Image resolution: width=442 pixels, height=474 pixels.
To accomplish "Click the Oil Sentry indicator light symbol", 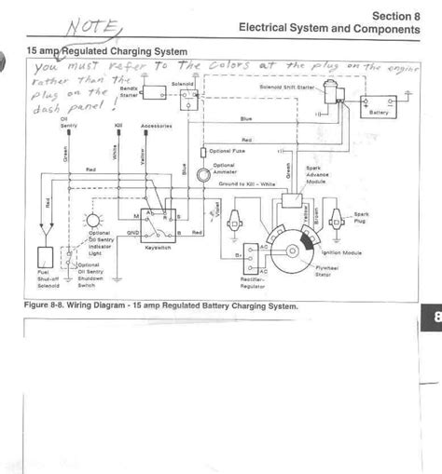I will (91, 221).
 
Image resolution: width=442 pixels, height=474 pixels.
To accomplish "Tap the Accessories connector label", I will (154, 123).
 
